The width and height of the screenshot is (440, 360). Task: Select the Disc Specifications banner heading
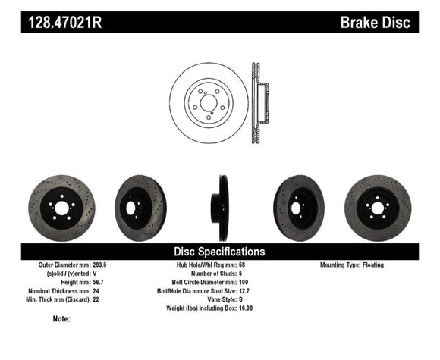[219, 251]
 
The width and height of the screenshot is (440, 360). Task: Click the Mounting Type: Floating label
[352, 265]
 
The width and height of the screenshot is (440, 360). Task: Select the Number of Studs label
[212, 273]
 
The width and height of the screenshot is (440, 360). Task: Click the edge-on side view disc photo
[220, 206]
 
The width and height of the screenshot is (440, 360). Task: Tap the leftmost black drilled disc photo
[61, 208]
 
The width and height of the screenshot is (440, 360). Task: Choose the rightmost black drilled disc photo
[377, 208]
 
